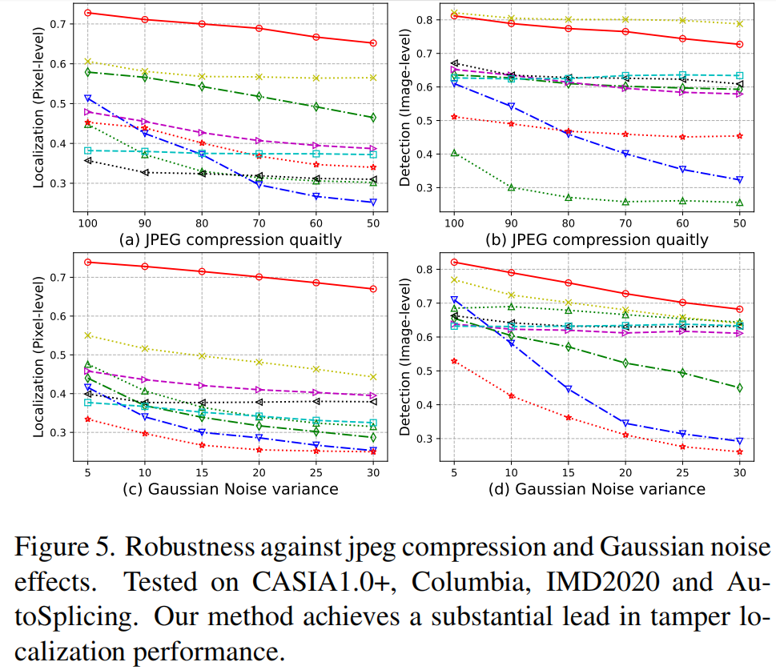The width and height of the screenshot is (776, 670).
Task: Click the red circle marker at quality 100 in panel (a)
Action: tap(88, 13)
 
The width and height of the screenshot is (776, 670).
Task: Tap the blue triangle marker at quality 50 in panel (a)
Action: tap(373, 203)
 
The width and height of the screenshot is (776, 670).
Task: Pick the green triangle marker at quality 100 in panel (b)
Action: tap(454, 152)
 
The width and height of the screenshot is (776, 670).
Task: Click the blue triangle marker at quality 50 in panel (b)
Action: tap(739, 179)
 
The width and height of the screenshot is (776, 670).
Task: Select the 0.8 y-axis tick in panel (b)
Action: tap(433, 19)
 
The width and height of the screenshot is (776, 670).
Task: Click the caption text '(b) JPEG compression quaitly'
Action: tap(597, 239)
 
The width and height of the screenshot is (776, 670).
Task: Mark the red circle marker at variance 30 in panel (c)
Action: tap(373, 289)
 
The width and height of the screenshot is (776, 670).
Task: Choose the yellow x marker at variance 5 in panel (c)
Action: tap(88, 335)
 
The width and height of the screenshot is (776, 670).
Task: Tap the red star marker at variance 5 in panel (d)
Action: tap(454, 361)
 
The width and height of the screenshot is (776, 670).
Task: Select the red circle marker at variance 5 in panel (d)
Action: tap(454, 263)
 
